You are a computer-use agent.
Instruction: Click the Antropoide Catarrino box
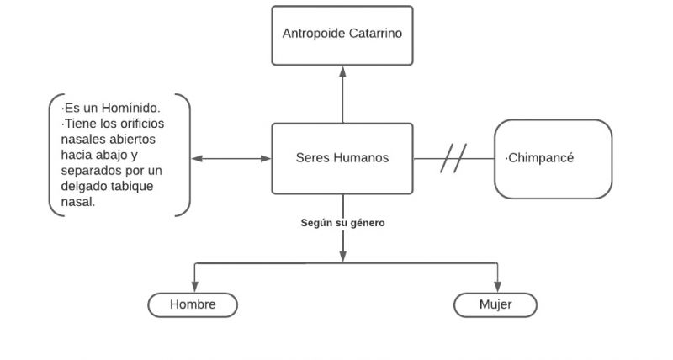[x=342, y=35]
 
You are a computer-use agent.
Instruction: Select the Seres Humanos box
[x=342, y=158]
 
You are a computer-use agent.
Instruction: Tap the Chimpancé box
[x=552, y=159]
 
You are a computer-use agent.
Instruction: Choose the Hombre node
[x=193, y=304]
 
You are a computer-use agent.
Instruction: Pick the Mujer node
[x=495, y=304]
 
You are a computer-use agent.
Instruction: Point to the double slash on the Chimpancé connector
[x=453, y=158]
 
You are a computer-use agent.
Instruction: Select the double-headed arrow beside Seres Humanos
[x=231, y=158]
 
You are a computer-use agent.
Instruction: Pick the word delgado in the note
[x=83, y=185]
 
